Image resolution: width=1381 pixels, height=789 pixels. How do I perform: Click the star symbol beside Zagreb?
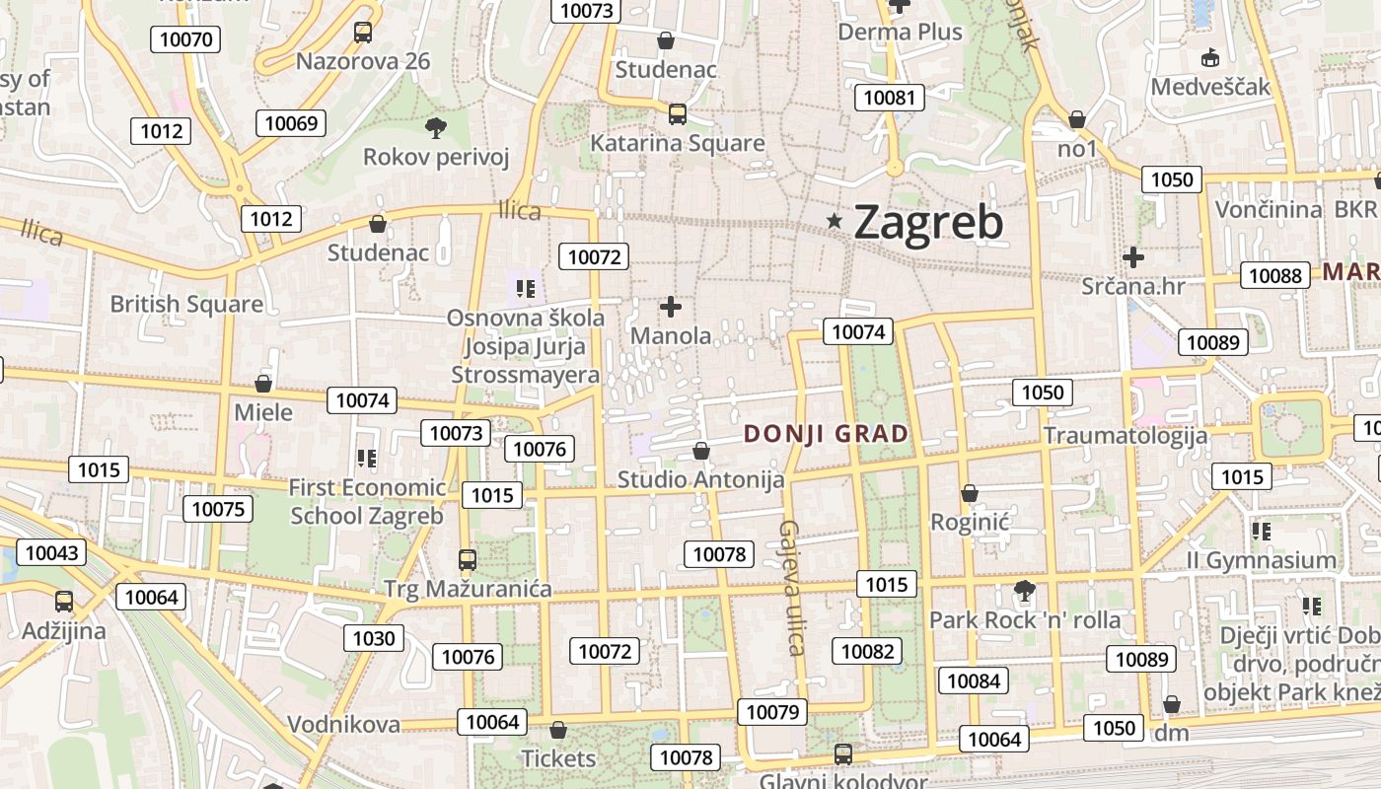[835, 222]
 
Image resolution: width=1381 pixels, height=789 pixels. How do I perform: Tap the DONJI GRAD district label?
[826, 434]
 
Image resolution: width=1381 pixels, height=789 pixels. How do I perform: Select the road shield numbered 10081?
[890, 97]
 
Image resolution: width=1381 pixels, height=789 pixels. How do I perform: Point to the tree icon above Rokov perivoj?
[435, 127]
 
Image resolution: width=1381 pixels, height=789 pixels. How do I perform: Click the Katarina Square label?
[677, 143]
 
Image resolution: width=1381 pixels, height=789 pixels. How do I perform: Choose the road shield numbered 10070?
[184, 39]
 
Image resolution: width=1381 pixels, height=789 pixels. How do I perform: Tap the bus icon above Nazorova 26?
[363, 32]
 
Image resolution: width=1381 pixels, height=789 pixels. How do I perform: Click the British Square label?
[186, 304]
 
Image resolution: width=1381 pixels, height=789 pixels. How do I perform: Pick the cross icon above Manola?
[671, 307]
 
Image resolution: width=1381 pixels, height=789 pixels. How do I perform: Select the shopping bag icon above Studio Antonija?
[700, 452]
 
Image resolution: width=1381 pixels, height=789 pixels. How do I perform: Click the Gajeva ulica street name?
[792, 587]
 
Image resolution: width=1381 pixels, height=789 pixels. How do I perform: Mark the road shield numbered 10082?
[867, 651]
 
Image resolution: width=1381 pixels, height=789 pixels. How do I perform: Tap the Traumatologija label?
[1126, 436]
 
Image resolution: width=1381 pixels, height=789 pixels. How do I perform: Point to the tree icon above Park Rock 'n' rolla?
[1025, 591]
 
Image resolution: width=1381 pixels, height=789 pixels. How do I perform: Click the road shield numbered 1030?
[374, 638]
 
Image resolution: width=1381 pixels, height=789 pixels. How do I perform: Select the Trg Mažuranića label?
[468, 590]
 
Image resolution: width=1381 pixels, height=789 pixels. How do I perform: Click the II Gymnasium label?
[1261, 560]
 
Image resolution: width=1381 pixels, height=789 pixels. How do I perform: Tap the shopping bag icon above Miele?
[263, 383]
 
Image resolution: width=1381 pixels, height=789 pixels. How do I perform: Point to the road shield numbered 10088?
[1275, 275]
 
